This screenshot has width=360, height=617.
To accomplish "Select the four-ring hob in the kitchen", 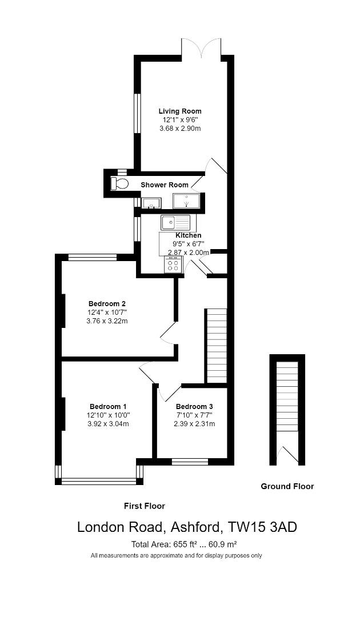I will pyautogui.click(x=173, y=265).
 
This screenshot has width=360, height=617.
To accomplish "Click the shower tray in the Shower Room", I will pyautogui.click(x=186, y=202).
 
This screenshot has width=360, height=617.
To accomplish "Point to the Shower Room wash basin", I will pyautogui.click(x=151, y=203).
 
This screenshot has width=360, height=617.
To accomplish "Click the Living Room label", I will pyautogui.click(x=180, y=111).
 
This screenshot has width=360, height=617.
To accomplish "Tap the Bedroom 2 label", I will pyautogui.click(x=107, y=303).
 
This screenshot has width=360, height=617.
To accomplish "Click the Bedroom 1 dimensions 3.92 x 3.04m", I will pyautogui.click(x=108, y=424).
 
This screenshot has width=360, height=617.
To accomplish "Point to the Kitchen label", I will pyautogui.click(x=188, y=235).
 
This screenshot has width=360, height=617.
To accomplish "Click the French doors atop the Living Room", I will pyautogui.click(x=201, y=48).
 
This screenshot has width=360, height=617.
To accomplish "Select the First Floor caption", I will pyautogui.click(x=145, y=506).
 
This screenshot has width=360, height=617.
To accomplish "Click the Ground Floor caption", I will pyautogui.click(x=287, y=487).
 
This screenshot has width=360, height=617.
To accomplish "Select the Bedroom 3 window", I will pyautogui.click(x=190, y=462).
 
